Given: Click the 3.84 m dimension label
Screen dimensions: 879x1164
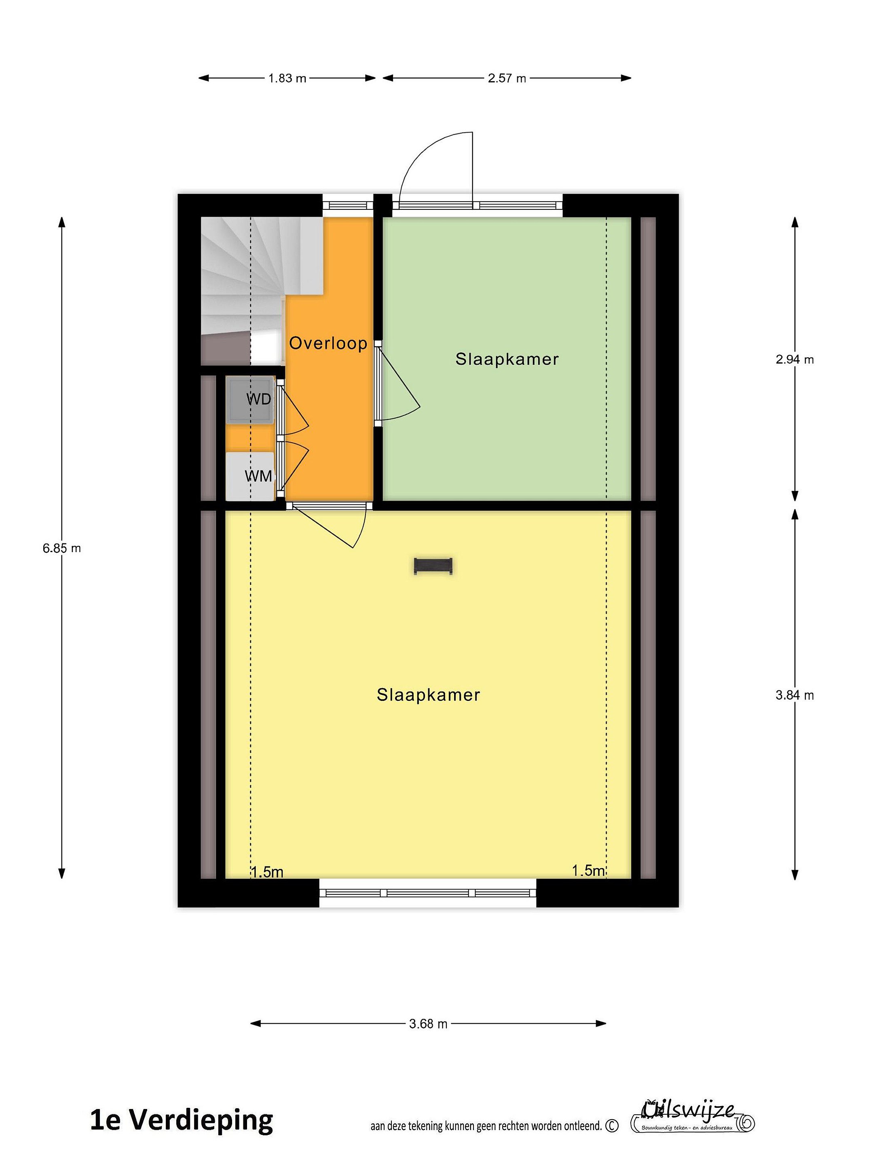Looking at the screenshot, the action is click(795, 695).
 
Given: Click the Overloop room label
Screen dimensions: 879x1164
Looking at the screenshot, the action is click(328, 343).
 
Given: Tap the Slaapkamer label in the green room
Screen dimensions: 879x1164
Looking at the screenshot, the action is click(507, 359).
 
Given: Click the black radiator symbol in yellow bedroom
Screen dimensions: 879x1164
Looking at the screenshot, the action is click(433, 566).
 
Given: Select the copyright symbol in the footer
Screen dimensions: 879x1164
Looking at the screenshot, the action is click(612, 1126).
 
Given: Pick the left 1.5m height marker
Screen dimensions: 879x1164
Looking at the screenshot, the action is click(267, 872).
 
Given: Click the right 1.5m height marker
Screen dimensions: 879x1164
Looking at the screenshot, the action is click(588, 870).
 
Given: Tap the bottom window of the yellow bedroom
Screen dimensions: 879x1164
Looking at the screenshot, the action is click(428, 892).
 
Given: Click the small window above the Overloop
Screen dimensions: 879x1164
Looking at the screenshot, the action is click(348, 205).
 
